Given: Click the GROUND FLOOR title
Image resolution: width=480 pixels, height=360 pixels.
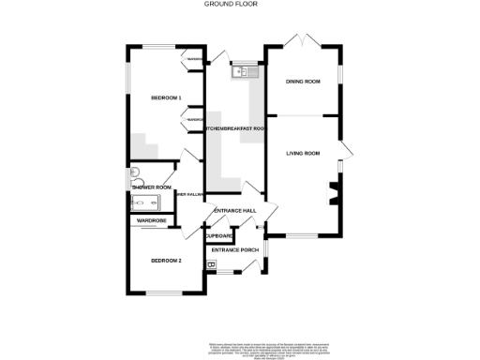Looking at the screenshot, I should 231,4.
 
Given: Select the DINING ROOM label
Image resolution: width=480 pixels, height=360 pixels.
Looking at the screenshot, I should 303,82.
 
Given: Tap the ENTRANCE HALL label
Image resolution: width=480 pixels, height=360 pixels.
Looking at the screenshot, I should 235,211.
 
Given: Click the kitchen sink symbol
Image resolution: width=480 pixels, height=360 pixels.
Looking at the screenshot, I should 246,70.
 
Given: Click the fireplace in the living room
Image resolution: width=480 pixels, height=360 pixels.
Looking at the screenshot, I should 332,194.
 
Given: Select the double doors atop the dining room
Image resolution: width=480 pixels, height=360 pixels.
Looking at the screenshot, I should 303,40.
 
